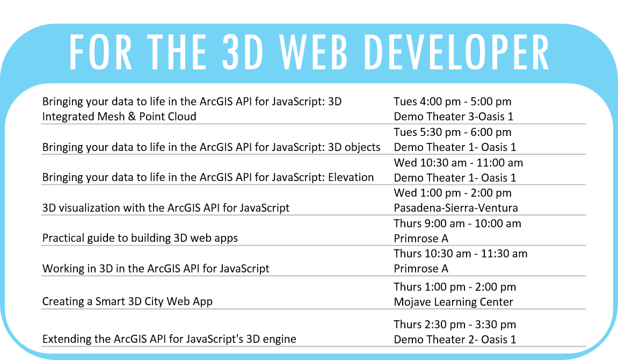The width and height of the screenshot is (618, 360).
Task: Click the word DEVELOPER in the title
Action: point(456,53)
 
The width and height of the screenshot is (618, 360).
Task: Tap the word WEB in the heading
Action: point(313,53)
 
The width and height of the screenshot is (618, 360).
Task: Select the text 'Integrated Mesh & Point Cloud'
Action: point(119,117)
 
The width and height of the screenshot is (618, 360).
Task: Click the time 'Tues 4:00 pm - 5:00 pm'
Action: point(453,102)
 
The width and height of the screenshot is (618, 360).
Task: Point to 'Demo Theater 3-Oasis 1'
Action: point(453,117)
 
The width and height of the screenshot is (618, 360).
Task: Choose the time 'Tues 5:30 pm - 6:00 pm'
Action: point(453,132)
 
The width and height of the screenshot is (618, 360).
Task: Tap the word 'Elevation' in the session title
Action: point(351,177)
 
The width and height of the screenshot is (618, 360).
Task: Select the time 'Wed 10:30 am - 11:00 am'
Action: point(459,162)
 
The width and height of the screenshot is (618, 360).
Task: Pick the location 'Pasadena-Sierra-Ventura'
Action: point(456,208)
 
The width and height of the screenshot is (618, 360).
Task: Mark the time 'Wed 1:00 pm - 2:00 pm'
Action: point(453,193)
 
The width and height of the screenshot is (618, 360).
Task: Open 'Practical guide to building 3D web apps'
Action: point(140,238)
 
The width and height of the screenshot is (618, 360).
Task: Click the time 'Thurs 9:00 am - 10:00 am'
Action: point(457,223)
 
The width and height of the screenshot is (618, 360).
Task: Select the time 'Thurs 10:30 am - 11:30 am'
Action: point(460,254)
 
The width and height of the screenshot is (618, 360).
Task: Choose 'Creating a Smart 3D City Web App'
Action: point(127,301)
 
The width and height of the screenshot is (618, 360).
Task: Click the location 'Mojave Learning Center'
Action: point(453,302)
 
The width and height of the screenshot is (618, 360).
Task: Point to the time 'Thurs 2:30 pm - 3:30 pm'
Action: point(455,325)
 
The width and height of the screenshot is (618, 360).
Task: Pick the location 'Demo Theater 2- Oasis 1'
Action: point(455,340)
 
